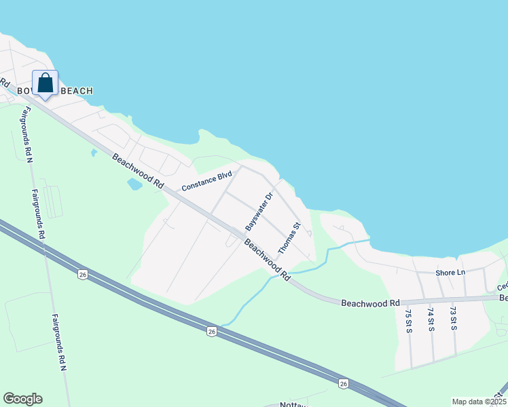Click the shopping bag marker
click(x=45, y=84)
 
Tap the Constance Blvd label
click(x=207, y=181)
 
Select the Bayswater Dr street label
click(x=259, y=210)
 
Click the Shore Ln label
click(x=450, y=273)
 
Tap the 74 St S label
click(x=431, y=319)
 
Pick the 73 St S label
click(x=452, y=319)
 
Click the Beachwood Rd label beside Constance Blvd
click(x=139, y=172)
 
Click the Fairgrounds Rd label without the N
click(x=39, y=213)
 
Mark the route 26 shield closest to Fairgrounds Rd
click(x=83, y=274)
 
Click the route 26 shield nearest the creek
click(x=212, y=331)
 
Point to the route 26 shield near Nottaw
click(x=342, y=384)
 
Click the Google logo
click(x=22, y=399)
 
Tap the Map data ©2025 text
click(x=478, y=402)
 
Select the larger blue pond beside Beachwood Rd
click(x=134, y=184)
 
